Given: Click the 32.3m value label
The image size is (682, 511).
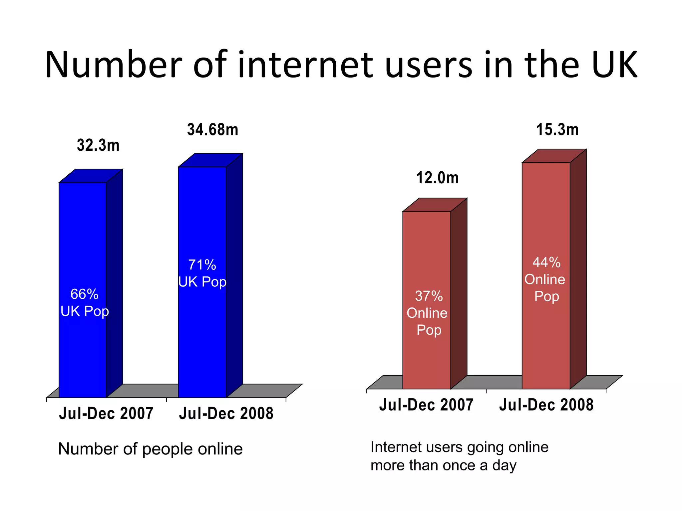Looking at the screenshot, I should click(98, 145).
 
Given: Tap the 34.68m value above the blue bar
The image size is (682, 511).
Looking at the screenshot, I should click(213, 130).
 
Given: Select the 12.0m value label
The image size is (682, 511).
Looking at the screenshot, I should click(437, 178).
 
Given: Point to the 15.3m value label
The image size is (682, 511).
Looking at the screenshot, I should click(557, 130).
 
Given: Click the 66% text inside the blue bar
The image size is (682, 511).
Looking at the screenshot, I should click(84, 294).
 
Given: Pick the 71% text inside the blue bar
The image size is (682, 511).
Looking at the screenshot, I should click(202, 265).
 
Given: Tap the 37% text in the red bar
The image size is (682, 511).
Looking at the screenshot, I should click(429, 296).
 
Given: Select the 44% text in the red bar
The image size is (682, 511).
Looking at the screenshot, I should click(546, 262).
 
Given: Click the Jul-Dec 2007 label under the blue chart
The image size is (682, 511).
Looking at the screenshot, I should click(106, 414).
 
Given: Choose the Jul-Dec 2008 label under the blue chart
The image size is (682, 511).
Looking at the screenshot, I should click(226, 414).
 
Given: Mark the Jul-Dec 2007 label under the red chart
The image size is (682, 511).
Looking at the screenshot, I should click(426, 405).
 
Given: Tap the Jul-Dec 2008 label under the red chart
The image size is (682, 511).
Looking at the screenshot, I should click(546, 405).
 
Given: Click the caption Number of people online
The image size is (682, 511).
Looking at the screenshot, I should click(150, 449).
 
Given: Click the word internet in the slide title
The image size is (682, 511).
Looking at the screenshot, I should click(305, 65).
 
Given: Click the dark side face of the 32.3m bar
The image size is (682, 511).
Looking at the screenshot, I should click(115, 283).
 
